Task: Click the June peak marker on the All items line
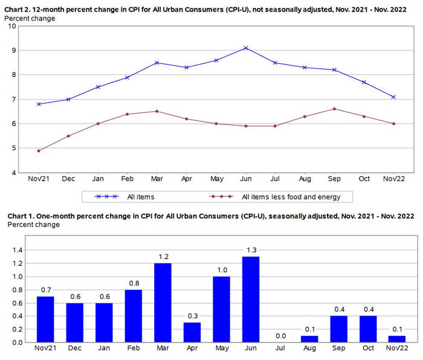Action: point(245,48)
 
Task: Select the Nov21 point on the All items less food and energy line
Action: point(39,150)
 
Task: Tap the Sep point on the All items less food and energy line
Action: point(335,109)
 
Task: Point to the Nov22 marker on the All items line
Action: point(394,97)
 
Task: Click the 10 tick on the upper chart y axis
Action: point(12,26)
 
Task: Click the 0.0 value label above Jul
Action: point(281,336)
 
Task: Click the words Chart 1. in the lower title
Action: point(22,216)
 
